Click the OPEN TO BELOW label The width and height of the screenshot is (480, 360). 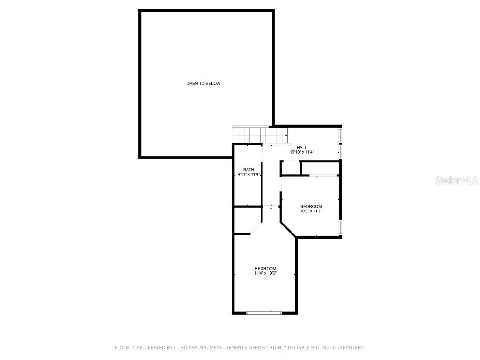coord(203,84)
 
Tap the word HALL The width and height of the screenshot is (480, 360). coord(302,148)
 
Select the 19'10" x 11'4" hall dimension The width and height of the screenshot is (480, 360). coord(302,152)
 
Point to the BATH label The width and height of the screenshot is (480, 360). coord(248,170)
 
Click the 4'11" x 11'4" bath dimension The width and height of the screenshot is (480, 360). coord(249,174)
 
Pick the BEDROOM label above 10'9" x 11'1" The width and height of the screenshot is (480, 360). coord(311,207)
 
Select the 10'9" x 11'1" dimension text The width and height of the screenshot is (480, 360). coord(311,211)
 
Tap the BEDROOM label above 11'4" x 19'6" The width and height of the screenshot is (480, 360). coord(265,269)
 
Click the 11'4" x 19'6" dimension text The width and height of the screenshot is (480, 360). coord(265,273)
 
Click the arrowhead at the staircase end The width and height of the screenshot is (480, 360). coord(286,135)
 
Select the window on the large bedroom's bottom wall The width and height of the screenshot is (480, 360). coord(264,312)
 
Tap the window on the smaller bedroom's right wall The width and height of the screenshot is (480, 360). coord(340,226)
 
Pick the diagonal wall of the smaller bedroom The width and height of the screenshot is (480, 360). coord(288,229)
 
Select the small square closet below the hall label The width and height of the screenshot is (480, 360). coord(291,168)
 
